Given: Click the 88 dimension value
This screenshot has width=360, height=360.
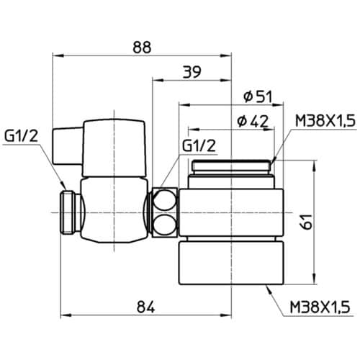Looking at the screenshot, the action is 142,48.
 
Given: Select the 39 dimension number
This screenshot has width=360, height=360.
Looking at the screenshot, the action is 192,72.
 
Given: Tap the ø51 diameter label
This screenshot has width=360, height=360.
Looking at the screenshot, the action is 258,96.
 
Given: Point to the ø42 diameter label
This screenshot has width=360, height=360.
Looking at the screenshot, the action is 253,121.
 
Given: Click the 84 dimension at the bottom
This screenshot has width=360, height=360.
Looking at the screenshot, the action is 145,307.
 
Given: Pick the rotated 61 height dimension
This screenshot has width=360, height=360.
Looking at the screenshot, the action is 306,222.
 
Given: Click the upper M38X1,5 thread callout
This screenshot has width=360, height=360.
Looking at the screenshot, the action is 325,121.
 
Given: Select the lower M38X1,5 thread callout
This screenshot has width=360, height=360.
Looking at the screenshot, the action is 320,307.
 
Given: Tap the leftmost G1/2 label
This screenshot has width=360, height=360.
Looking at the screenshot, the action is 21,137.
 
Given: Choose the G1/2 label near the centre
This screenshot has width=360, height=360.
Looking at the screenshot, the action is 199,145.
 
